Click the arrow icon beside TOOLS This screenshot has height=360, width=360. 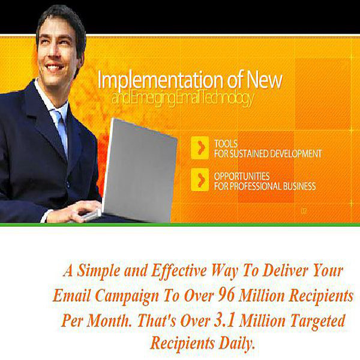click(200, 148)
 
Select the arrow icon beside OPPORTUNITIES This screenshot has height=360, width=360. click(200, 179)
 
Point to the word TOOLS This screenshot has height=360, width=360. click(226, 144)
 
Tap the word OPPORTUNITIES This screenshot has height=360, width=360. click(242, 176)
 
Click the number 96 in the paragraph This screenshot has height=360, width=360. click(226, 295)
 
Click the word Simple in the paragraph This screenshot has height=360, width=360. click(98, 271)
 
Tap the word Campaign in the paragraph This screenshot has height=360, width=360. click(127, 296)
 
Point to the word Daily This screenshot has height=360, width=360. click(236, 343)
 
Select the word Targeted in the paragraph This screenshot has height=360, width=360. click(318, 321)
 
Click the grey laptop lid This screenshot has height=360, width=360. click(140, 170)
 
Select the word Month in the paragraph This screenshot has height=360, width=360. click(107, 320)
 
